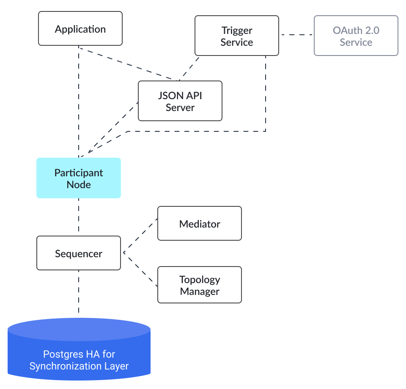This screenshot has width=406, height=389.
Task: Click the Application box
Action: [x=80, y=28]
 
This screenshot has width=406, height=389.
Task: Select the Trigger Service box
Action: [x=236, y=36]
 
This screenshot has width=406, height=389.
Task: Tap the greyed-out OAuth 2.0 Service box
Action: [x=356, y=36]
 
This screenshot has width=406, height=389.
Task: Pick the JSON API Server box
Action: [x=180, y=101]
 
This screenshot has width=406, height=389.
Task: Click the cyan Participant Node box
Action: [x=79, y=178]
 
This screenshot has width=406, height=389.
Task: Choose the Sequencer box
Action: [x=79, y=253]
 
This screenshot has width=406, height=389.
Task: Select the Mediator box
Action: [x=199, y=224]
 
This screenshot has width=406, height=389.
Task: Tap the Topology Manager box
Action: [x=199, y=285]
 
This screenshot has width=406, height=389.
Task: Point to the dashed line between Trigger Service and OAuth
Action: [x=296, y=35]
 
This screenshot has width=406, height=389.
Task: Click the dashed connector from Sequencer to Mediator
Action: [x=140, y=236]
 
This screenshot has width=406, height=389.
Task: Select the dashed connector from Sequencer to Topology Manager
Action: [x=140, y=270]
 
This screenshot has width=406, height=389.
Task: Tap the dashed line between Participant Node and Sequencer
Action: [x=79, y=217]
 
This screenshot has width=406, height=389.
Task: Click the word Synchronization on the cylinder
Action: [x=62, y=366]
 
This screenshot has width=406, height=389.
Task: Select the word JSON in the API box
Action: [x=168, y=96]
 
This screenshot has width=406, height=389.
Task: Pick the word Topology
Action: [x=200, y=280]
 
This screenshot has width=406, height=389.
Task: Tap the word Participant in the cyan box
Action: [x=79, y=173]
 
